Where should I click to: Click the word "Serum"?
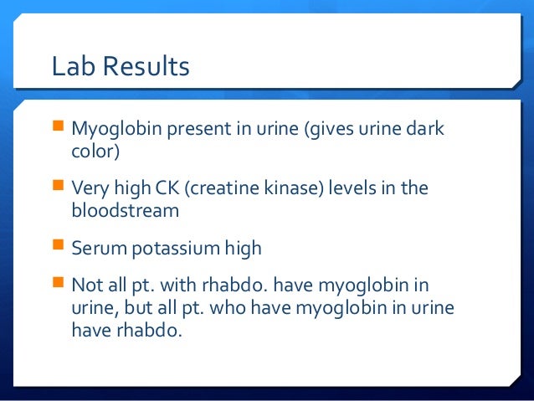click(97, 249)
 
